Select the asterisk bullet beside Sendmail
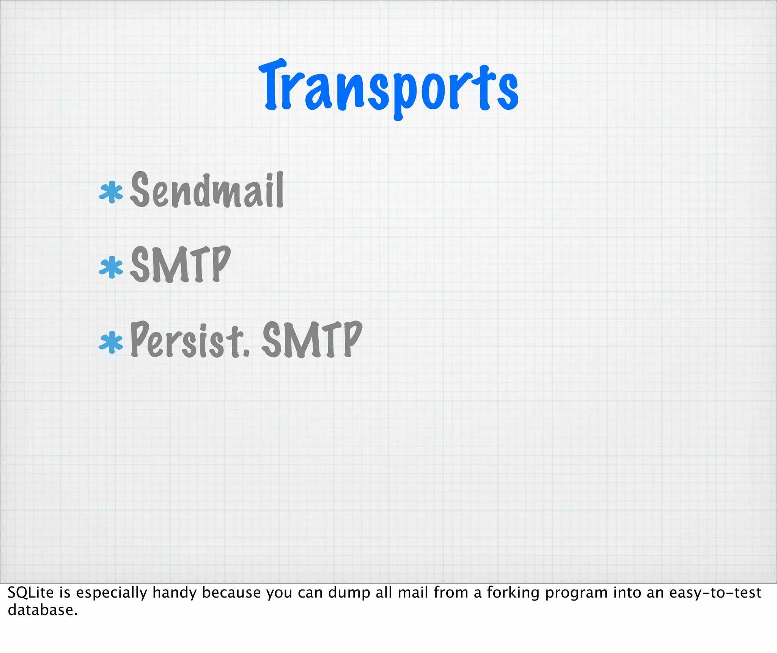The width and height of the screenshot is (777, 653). click(111, 192)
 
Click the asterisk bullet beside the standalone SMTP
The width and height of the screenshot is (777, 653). click(111, 267)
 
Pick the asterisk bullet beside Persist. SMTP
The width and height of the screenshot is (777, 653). click(111, 342)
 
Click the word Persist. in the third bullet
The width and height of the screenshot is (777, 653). click(190, 340)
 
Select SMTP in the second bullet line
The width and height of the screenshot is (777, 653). click(180, 265)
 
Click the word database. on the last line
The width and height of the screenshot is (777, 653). click(42, 610)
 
